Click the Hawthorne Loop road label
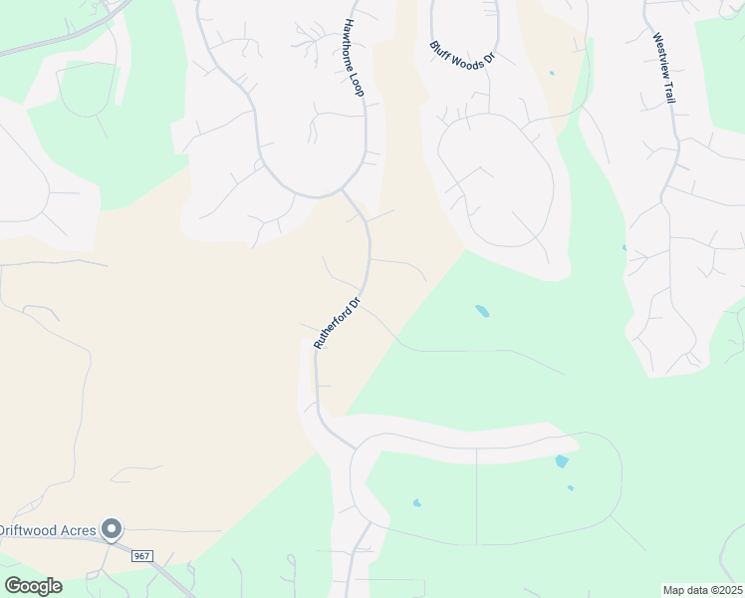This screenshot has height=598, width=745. pyautogui.click(x=354, y=57)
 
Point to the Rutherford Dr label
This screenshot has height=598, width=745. pyautogui.click(x=337, y=321)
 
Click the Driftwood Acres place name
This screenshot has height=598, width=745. pyautogui.click(x=50, y=528)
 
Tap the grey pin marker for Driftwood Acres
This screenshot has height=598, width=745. pyautogui.click(x=113, y=529)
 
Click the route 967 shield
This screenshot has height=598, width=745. pyautogui.click(x=140, y=554)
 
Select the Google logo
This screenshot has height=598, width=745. pyautogui.click(x=33, y=586)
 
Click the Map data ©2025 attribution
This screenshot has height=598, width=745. pyautogui.click(x=701, y=590)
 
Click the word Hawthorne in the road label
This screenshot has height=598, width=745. pyautogui.click(x=351, y=44)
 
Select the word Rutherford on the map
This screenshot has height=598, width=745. pyautogui.click(x=334, y=326)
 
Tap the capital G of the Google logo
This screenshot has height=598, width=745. pyautogui.click(x=13, y=585)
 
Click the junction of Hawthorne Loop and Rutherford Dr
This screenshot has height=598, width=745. pyautogui.click(x=344, y=189)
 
